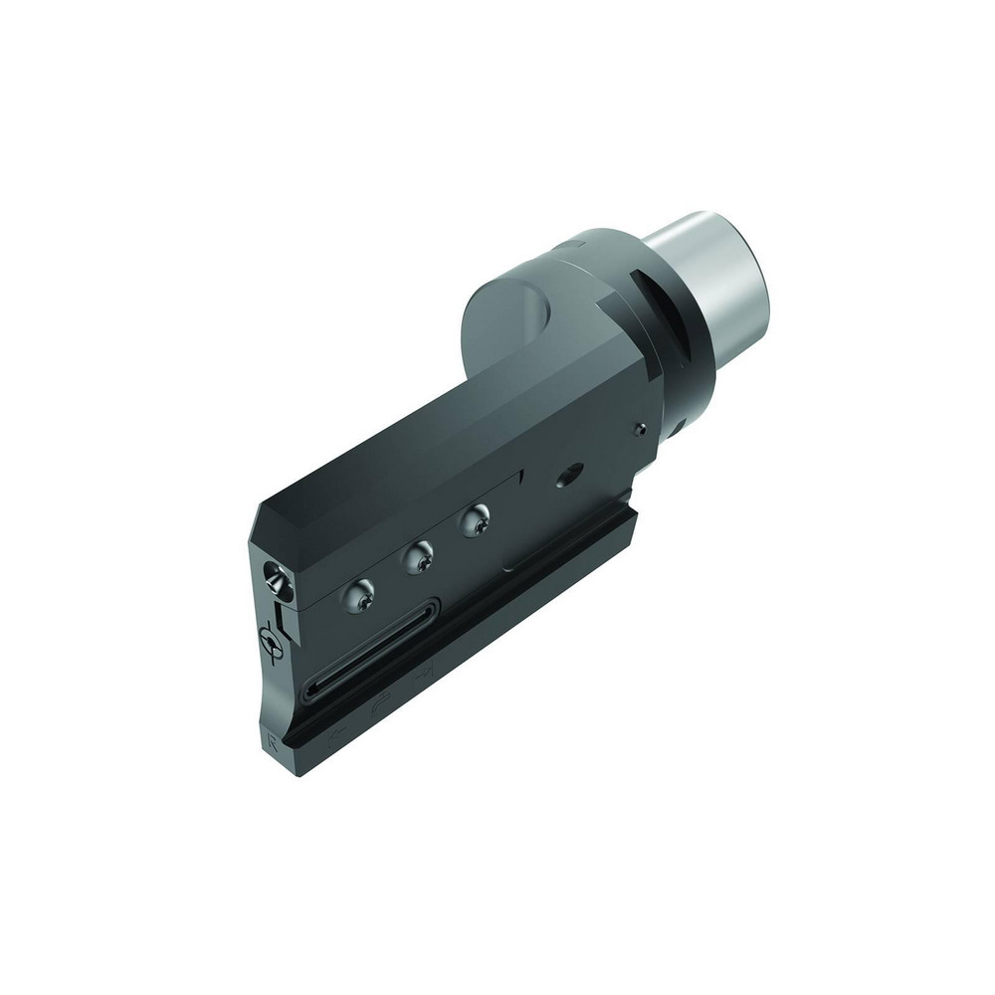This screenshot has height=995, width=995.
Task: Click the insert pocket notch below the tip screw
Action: coord(284,623)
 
